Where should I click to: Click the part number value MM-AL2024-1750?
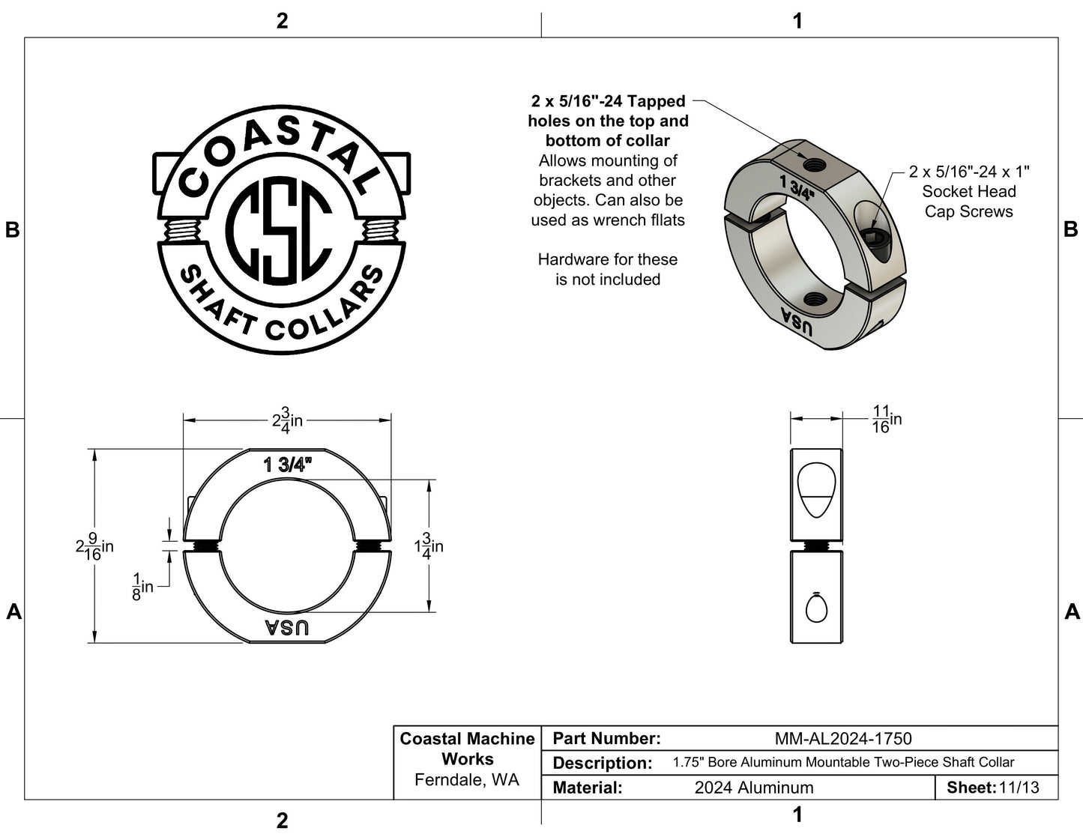pyautogui.click(x=842, y=738)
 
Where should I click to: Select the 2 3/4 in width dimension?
pyautogui.click(x=288, y=420)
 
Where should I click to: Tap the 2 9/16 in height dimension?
pyautogui.click(x=94, y=546)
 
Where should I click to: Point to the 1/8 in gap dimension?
pyautogui.click(x=142, y=587)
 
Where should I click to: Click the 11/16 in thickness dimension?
pyautogui.click(x=887, y=419)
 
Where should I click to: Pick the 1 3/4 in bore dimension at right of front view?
pyautogui.click(x=429, y=546)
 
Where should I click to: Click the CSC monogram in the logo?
pyautogui.click(x=279, y=229)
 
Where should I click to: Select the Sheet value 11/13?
pyautogui.click(x=1019, y=788)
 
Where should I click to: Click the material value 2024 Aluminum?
pyautogui.click(x=754, y=788)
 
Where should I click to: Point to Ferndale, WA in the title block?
pyautogui.click(x=467, y=780)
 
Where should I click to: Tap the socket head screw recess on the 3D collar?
pyautogui.click(x=875, y=238)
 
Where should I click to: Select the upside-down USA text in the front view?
pyautogui.click(x=287, y=628)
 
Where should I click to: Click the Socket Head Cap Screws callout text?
pyautogui.click(x=969, y=191)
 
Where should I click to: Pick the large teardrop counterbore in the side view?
pyautogui.click(x=816, y=490)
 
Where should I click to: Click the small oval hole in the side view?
pyautogui.click(x=816, y=608)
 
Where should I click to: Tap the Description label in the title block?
pyautogui.click(x=602, y=763)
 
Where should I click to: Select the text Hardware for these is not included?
pyautogui.click(x=608, y=270)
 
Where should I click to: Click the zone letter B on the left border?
pyautogui.click(x=13, y=230)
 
